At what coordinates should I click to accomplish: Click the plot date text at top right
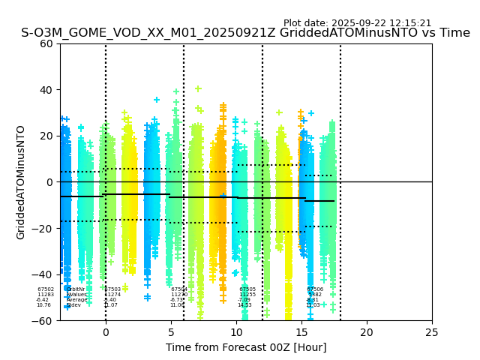(357, 23)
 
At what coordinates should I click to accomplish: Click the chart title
(245, 34)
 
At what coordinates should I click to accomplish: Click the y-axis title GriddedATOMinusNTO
(21, 182)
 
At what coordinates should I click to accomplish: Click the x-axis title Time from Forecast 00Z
(246, 347)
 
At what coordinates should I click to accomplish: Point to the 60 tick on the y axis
(47, 43)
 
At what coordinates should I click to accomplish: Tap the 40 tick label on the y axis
(47, 90)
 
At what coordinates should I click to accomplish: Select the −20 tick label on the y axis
(44, 229)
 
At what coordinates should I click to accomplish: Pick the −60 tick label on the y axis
(44, 321)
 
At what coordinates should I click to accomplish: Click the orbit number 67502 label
(46, 289)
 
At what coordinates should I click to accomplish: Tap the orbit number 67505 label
(247, 289)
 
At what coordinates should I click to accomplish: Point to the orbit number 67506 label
(315, 289)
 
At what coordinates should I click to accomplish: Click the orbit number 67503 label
(112, 289)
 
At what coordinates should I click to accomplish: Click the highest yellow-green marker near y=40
(198, 88)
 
